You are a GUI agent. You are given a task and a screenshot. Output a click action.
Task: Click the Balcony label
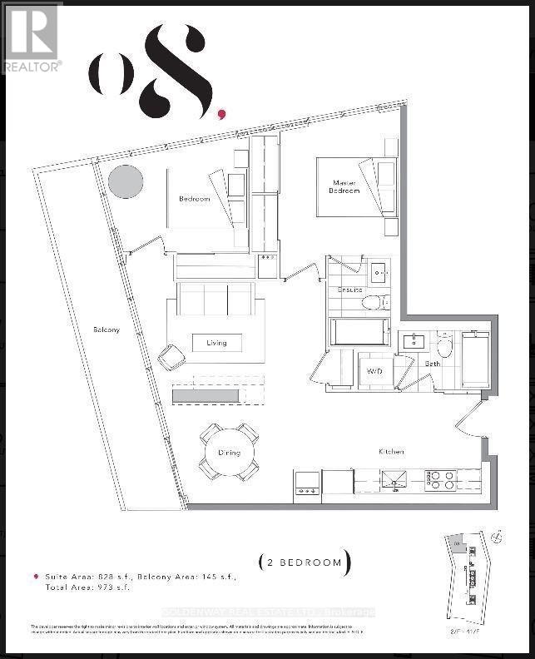point(106,329)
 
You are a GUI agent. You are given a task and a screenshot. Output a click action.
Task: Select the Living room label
point(216,342)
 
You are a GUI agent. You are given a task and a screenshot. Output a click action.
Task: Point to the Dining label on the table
point(229,453)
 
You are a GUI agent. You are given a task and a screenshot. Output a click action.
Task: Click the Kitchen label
point(391,451)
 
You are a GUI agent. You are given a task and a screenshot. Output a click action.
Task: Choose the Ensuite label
point(349,290)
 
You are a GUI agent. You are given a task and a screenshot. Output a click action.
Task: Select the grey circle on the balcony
point(126,181)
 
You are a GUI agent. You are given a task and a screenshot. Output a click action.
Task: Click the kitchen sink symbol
point(392,479)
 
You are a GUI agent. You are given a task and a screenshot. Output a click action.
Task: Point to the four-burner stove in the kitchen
point(441,479)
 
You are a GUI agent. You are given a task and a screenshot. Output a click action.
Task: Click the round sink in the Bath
point(443,346)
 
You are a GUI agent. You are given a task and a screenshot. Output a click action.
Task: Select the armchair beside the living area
point(173,358)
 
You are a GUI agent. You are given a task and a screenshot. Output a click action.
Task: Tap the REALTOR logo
point(32,38)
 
